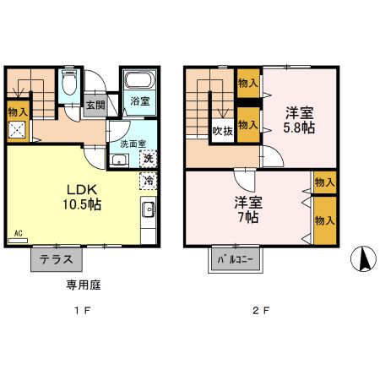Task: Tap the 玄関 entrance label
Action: pos(95,106)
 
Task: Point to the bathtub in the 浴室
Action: pos(138,82)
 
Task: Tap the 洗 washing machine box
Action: pos(147,158)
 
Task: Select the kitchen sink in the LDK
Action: pos(148,211)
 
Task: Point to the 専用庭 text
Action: pos(84,285)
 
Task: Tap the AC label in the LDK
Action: pos(18,232)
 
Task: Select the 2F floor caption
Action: pos(261,311)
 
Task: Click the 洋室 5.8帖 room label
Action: pos(299,119)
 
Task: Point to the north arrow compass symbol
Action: pos(365,258)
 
